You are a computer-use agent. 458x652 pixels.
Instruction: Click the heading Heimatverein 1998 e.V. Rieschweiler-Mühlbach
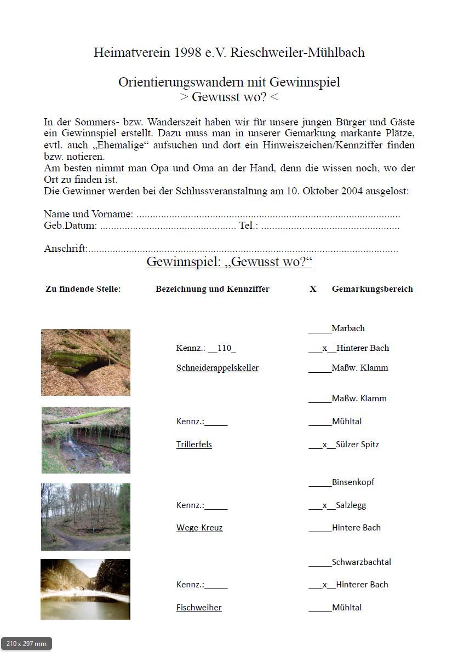coord(229,53)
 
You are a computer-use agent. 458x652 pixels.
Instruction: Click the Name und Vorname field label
coord(88,214)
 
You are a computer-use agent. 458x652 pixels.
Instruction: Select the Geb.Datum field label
coord(70,226)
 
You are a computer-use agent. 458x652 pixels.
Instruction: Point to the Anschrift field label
coord(65,249)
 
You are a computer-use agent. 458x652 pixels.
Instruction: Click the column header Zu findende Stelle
coord(83,289)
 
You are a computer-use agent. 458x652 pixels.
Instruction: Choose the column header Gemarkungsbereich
coord(372,289)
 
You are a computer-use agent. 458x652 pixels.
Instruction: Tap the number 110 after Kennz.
coord(224,348)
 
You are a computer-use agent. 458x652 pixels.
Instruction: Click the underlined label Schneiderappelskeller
coord(217,368)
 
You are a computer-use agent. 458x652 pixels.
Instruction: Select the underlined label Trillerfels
coord(194,445)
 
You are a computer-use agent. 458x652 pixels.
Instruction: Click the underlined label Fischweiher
coord(199,608)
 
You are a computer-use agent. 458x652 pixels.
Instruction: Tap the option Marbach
coord(348,328)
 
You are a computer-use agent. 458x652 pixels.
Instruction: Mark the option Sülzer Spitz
coord(357,445)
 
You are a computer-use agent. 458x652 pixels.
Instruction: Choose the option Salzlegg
coord(351,505)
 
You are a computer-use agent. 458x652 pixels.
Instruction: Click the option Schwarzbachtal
coord(361,562)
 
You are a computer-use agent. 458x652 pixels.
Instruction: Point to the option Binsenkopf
coord(353,482)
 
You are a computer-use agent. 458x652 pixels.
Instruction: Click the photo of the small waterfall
coord(86,440)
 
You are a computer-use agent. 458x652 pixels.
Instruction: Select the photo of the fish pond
coord(85,589)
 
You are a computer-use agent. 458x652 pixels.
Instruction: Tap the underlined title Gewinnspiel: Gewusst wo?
coord(229,262)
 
